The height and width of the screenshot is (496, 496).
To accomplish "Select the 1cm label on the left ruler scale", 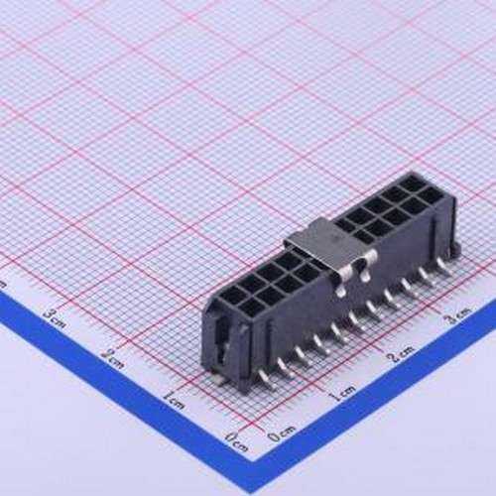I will (x=175, y=398).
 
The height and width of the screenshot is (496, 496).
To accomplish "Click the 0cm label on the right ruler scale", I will (x=281, y=433).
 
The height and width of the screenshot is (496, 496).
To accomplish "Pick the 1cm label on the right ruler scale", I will (x=342, y=393).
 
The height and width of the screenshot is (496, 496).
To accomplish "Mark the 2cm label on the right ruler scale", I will (x=400, y=355).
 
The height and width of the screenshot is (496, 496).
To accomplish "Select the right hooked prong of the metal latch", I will (x=367, y=261).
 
